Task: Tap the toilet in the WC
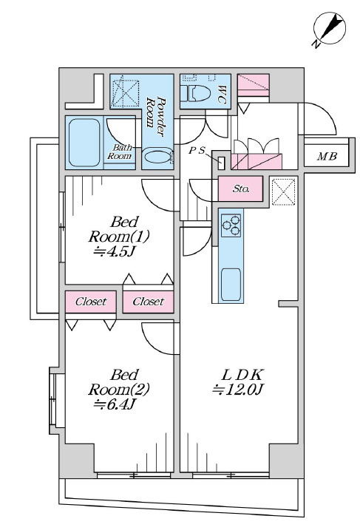195,93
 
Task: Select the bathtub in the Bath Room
84,143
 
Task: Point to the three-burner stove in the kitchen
231,225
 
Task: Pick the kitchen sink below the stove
231,285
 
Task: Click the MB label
327,156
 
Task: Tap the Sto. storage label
241,189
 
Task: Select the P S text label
197,151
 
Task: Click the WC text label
222,95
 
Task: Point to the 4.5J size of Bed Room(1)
115,252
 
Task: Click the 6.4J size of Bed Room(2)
115,404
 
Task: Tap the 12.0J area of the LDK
237,390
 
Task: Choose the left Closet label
91,301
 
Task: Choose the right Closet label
148,301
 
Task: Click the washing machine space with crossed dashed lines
125,93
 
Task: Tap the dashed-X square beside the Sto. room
284,192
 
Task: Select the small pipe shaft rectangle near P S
222,163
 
